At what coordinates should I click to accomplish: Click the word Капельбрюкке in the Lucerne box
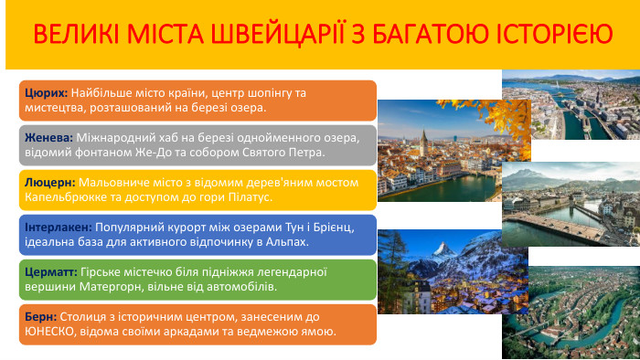tap(68, 196)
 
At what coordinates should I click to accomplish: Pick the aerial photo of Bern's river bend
tap(571, 311)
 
